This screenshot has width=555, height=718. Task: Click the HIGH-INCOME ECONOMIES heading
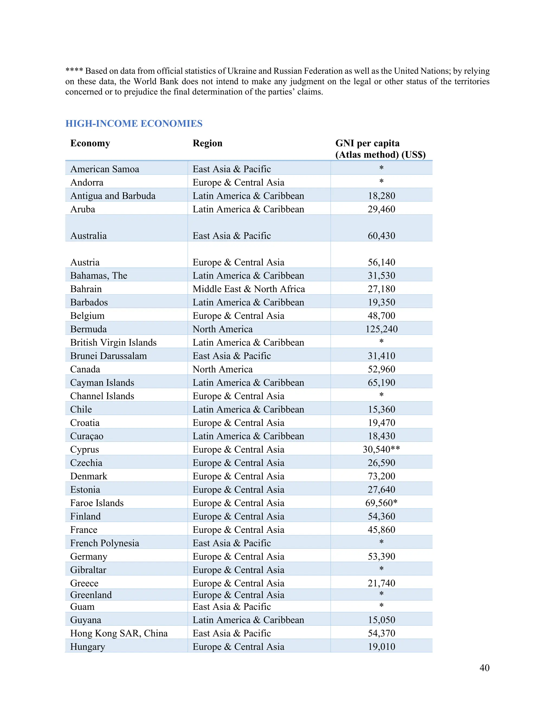pyautogui.click(x=134, y=124)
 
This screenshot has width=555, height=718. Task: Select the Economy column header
pyautogui.click(x=90, y=143)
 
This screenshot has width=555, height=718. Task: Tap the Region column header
pyautogui.click(x=208, y=143)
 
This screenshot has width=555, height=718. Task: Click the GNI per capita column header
pyautogui.click(x=380, y=149)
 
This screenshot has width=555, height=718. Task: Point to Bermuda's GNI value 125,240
pyautogui.click(x=381, y=329)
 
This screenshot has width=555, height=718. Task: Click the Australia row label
pyautogui.click(x=88, y=236)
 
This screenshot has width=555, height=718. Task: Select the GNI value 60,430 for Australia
pyautogui.click(x=381, y=236)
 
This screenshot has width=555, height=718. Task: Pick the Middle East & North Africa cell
pyautogui.click(x=249, y=289)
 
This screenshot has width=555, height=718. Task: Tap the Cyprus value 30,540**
pyautogui.click(x=381, y=449)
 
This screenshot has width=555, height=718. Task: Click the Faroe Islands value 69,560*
pyautogui.click(x=381, y=503)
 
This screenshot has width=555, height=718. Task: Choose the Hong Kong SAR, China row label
pyautogui.click(x=119, y=633)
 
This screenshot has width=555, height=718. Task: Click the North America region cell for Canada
pyautogui.click(x=222, y=369)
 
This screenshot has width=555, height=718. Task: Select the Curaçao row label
pyautogui.click(x=87, y=436)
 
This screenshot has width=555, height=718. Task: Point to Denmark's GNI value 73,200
pyautogui.click(x=381, y=476)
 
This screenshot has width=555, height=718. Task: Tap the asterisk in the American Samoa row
pyautogui.click(x=381, y=168)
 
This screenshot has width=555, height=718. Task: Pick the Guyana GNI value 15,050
pyautogui.click(x=381, y=620)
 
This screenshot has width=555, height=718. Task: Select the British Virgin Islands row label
pyautogui.click(x=114, y=342)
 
